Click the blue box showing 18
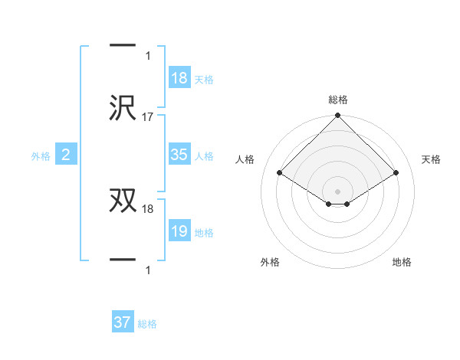point(179,78)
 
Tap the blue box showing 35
point(179,155)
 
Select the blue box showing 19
point(179,231)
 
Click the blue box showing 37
point(123,322)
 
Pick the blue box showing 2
point(65,155)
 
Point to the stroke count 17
point(148,117)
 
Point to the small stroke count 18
point(148,208)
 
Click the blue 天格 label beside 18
point(204,79)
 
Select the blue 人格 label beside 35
point(204,155)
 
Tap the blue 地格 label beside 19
point(204,232)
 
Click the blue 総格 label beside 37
point(147,324)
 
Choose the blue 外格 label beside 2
point(41,156)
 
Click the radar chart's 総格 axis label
point(338,100)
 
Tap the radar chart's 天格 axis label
point(432,159)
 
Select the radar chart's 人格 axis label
point(245,159)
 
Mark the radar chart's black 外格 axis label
point(270,262)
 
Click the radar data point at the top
point(338,116)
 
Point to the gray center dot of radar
point(338,191)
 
